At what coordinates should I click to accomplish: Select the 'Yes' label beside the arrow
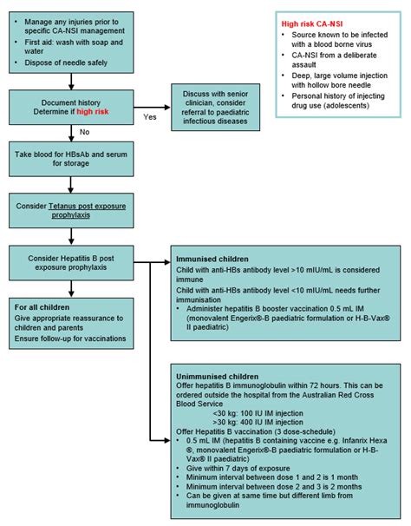149,116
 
